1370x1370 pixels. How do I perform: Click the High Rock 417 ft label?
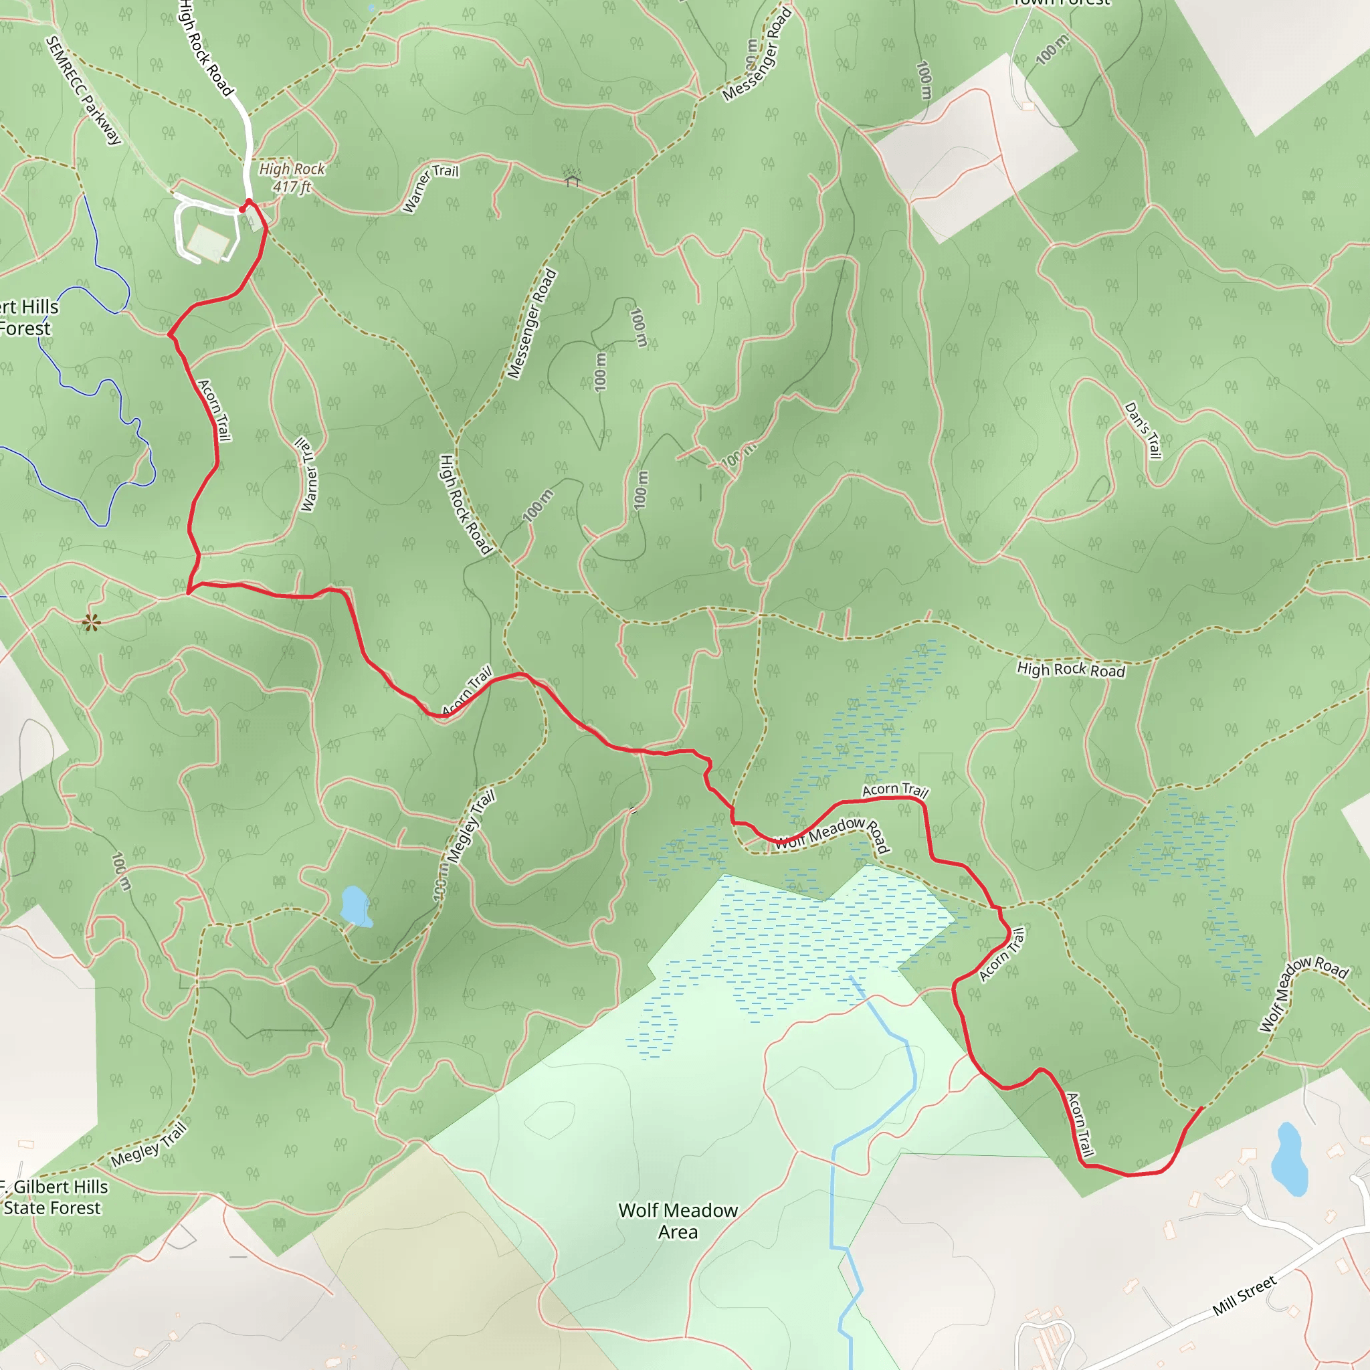click(x=292, y=177)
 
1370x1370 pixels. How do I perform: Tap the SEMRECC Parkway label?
click(x=84, y=90)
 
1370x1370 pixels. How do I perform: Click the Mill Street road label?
click(x=1244, y=1296)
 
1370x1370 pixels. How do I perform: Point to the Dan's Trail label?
click(x=1143, y=430)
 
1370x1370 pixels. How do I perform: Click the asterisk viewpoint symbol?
click(x=92, y=623)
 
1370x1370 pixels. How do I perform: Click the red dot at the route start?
click(x=243, y=209)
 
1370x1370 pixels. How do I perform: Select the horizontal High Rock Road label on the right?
click(x=1071, y=670)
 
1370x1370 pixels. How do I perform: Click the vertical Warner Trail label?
click(x=307, y=474)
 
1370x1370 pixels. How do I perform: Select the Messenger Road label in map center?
click(x=532, y=324)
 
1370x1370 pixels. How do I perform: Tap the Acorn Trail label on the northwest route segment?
click(x=214, y=410)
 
